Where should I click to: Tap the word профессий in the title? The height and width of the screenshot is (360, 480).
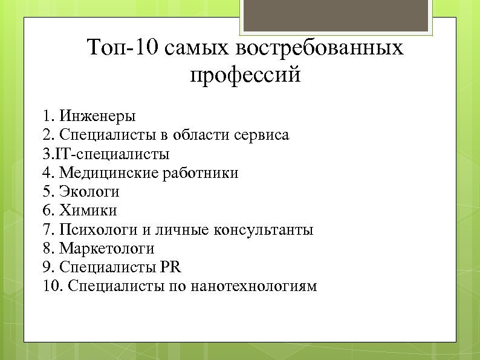click(x=245, y=76)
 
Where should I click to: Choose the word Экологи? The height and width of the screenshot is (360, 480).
click(x=89, y=192)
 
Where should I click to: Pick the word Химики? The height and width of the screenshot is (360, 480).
click(x=88, y=211)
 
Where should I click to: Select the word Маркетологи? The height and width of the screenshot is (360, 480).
click(x=107, y=249)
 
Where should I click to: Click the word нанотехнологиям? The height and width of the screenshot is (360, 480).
click(x=253, y=286)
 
